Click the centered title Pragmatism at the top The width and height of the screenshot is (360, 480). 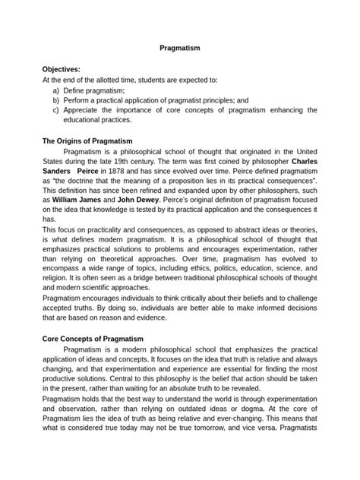click(x=179, y=47)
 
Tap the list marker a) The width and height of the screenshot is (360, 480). click(x=56, y=90)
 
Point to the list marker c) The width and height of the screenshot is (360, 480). click(x=56, y=109)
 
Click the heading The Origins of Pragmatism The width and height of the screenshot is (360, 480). click(x=87, y=141)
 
